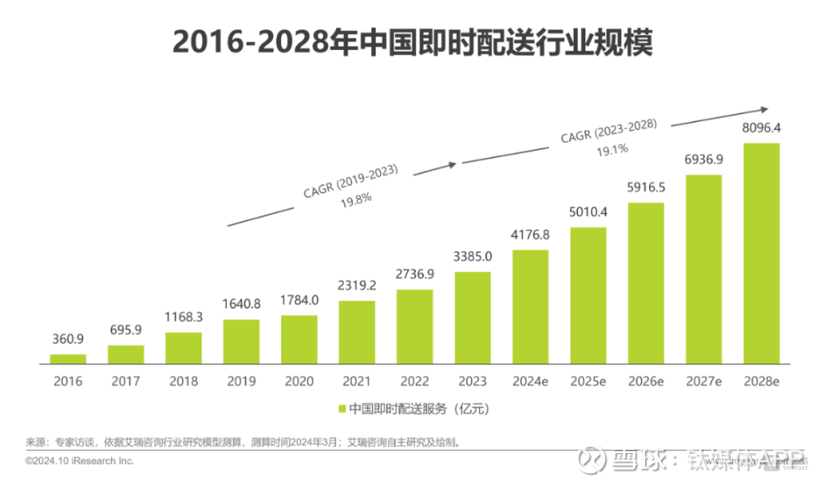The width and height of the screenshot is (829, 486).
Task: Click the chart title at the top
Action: tap(414, 43)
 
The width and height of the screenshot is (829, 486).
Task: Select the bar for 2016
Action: tap(68, 358)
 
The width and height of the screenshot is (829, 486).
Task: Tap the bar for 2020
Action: tap(298, 339)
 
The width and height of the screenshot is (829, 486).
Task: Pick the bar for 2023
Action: tap(472, 317)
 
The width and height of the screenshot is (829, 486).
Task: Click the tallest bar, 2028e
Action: tap(761, 253)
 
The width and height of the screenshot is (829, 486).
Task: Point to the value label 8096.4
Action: tap(761, 128)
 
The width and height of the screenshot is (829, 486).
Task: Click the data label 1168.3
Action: tap(183, 316)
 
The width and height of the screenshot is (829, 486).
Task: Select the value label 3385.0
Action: tap(472, 256)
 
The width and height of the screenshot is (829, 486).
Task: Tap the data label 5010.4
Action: tap(588, 212)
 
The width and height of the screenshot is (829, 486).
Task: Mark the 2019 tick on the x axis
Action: tap(241, 381)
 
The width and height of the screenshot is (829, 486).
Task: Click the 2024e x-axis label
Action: tap(530, 381)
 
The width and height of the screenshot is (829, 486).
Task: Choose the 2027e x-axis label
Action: tap(703, 381)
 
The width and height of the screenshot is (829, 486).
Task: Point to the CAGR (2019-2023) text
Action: tap(349, 182)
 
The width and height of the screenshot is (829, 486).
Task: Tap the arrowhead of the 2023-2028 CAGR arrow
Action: tap(764, 110)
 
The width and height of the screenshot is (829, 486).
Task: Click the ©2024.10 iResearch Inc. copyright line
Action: tap(79, 461)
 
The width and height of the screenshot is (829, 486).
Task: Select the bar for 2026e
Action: tap(646, 282)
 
